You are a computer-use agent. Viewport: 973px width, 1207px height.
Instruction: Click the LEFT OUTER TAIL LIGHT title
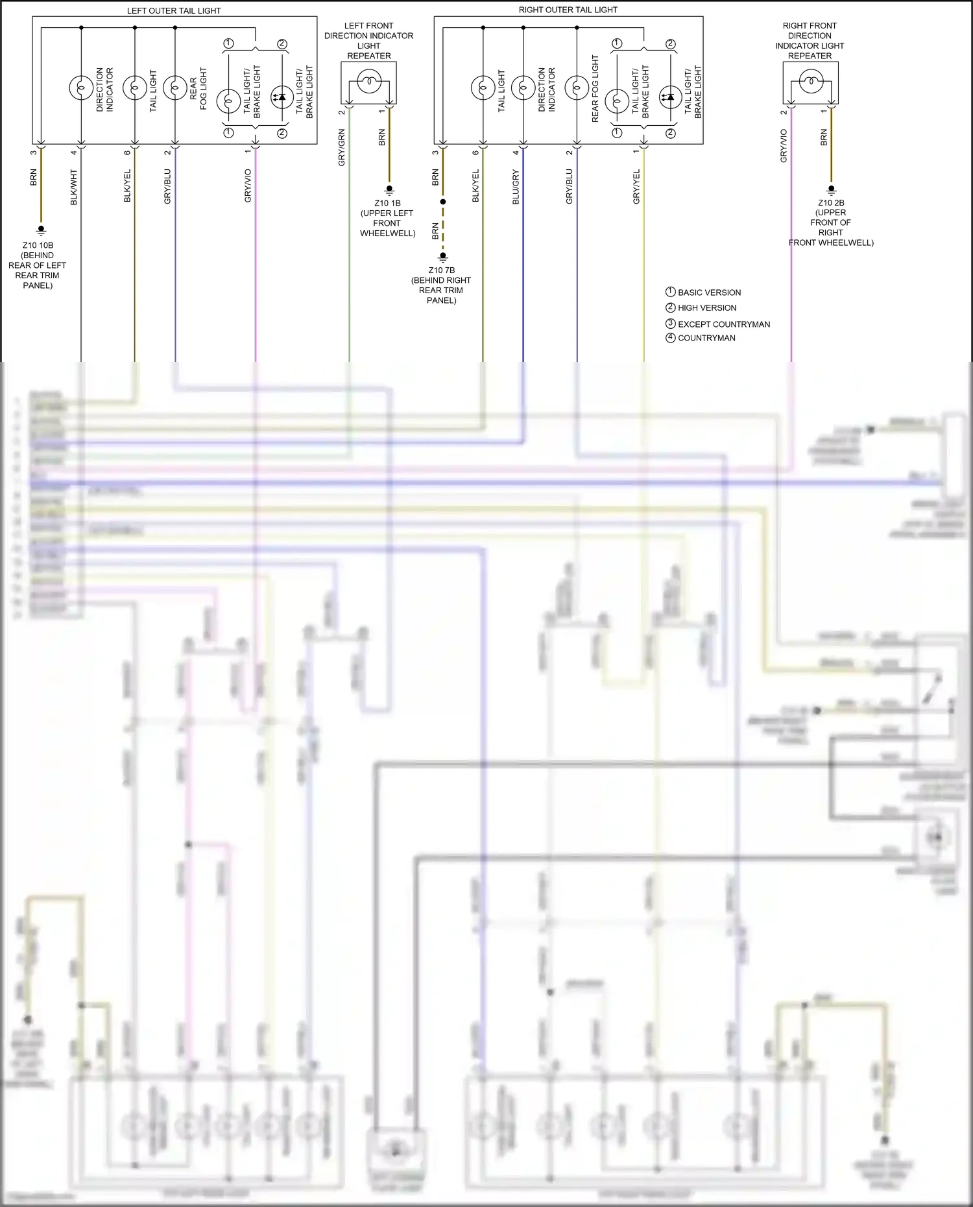(173, 10)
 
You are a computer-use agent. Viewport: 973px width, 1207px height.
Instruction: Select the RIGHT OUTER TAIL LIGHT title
(568, 10)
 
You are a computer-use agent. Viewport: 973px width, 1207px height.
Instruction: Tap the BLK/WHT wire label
(74, 187)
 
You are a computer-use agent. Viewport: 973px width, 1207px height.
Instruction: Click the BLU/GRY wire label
(516, 187)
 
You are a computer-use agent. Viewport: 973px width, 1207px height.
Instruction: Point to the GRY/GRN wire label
(342, 147)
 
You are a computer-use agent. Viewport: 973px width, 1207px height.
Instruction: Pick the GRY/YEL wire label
(636, 187)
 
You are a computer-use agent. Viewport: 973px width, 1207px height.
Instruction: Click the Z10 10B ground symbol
(41, 230)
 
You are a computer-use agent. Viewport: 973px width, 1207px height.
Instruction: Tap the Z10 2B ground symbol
(831, 190)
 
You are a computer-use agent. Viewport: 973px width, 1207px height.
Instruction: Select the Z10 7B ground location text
(441, 285)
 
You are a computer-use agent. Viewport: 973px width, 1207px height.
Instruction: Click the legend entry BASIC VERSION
(708, 293)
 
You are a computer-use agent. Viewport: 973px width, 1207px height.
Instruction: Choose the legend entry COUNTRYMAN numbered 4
(706, 338)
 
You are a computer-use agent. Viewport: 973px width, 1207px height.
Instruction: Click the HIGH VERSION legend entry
(706, 308)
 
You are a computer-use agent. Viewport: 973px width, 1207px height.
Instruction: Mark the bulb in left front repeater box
(368, 81)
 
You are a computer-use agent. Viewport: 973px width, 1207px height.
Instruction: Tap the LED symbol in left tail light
(282, 97)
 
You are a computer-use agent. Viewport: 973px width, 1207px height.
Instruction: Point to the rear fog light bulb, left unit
(175, 87)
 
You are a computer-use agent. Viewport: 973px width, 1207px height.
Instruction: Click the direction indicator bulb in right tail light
(523, 87)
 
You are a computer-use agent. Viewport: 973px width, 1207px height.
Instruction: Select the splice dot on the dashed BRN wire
(443, 202)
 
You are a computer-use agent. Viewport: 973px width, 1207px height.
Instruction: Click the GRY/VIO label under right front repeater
(784, 145)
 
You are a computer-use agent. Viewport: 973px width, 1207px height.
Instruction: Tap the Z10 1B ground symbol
(389, 190)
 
